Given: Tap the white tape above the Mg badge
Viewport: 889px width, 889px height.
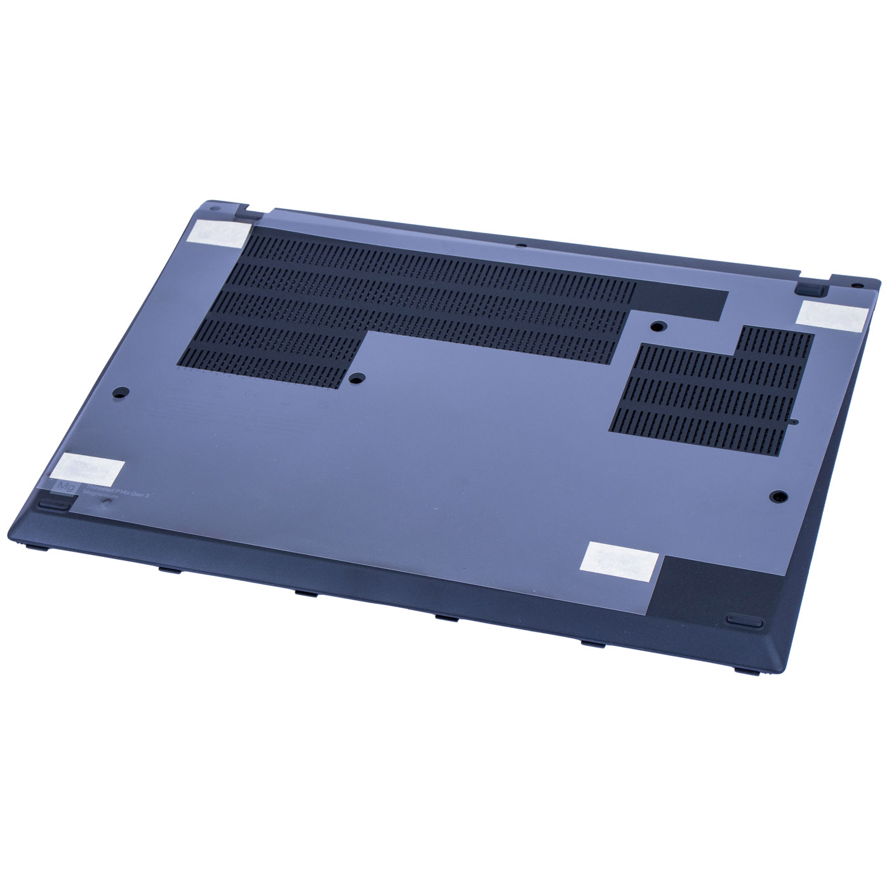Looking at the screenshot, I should [x=88, y=468].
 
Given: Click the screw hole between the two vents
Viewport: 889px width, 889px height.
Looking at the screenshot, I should [x=657, y=326].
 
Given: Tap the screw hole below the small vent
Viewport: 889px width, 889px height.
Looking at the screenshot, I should [x=777, y=496].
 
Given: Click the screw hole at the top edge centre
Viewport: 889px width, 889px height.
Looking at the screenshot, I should [x=520, y=244].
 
